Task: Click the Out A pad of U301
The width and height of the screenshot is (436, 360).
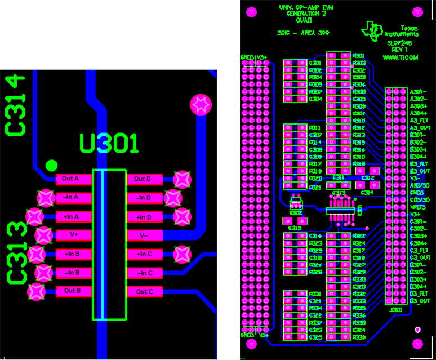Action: coord(74,179)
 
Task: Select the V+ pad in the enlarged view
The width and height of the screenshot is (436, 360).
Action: coord(74,235)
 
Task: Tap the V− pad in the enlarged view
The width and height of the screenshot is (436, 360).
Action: coord(145,235)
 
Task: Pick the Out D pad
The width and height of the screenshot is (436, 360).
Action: coord(145,179)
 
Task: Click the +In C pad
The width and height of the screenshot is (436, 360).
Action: coord(145,254)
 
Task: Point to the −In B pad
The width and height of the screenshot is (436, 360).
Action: coord(74,273)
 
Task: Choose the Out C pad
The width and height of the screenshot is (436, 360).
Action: coord(145,292)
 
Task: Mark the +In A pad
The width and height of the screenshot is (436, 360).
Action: coord(74,217)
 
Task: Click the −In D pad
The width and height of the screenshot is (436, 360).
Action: coord(145,198)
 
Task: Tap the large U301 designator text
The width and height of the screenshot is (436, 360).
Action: coord(109,144)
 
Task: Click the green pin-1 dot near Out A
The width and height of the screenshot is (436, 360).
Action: coord(51,165)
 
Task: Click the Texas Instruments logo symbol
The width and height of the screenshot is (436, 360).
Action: coord(373,31)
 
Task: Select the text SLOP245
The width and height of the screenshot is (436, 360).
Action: coord(399,42)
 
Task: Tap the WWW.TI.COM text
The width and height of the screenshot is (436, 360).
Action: coord(400,57)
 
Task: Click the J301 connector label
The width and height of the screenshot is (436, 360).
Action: coord(395,309)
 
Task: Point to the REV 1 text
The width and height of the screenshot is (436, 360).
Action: coord(399,50)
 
